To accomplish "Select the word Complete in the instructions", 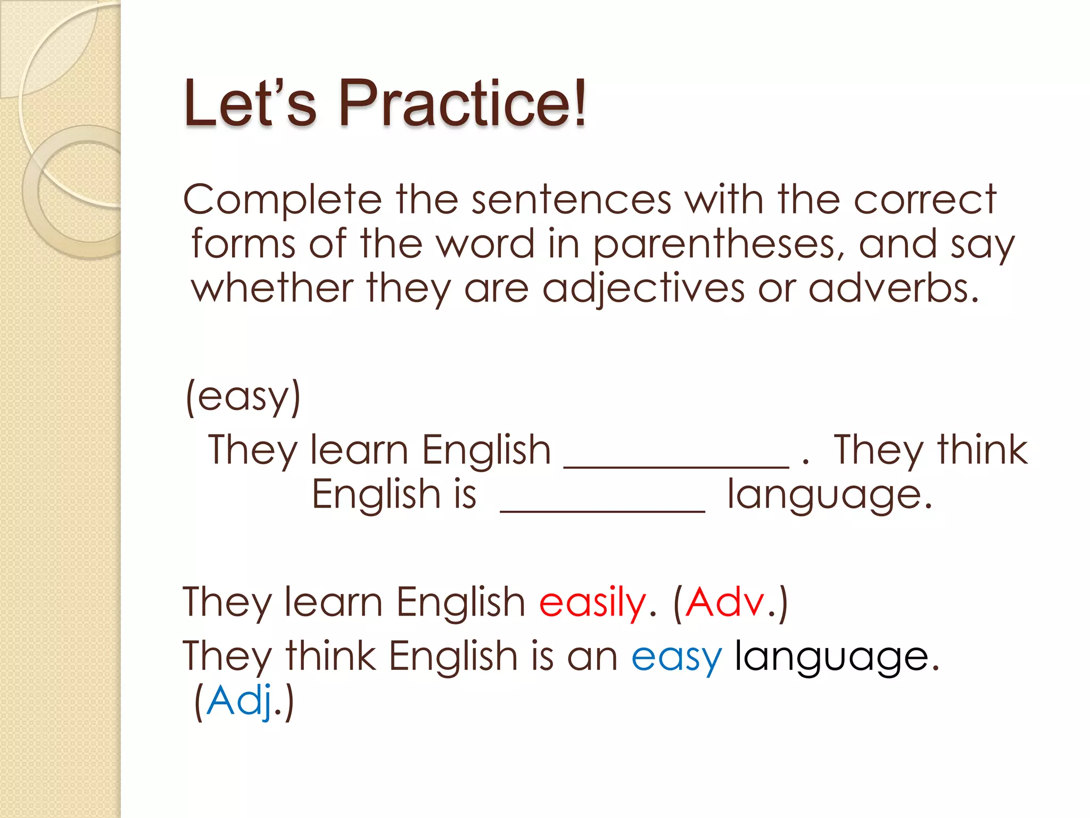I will [x=283, y=200].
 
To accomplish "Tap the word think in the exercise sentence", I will [x=982, y=450].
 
